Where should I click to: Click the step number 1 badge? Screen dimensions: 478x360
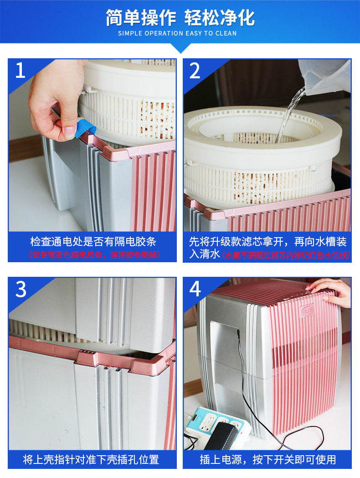tap(21, 71)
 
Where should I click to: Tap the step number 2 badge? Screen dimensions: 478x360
tap(195, 71)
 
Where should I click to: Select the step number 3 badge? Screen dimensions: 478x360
tap(21, 290)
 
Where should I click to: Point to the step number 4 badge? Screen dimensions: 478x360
tap(195, 290)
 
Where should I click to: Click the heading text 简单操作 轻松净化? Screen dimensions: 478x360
tap(180, 18)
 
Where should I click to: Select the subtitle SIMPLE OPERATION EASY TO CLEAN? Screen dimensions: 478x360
tap(177, 33)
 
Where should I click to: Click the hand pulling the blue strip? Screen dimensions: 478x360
tap(55, 98)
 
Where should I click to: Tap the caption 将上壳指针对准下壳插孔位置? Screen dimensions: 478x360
tap(91, 460)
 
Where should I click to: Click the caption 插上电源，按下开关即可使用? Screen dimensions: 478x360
tap(267, 460)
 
